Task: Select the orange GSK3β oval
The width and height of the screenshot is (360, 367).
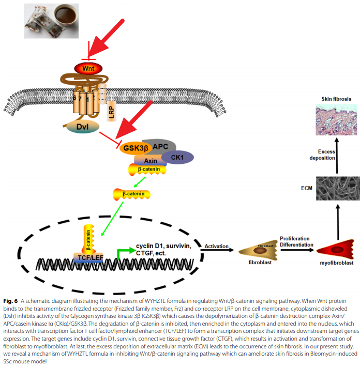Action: point(137,148)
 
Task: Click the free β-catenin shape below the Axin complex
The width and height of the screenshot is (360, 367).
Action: point(131,195)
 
